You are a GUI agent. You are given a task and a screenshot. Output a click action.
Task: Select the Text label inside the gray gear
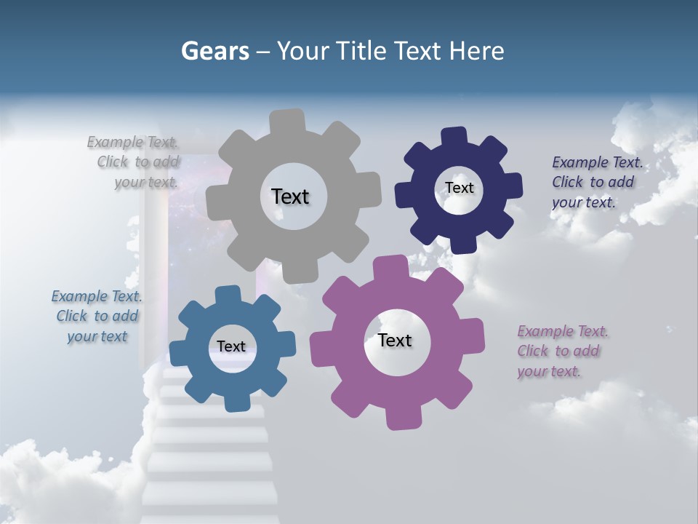(x=290, y=196)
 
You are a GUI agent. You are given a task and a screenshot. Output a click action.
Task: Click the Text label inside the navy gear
(x=460, y=188)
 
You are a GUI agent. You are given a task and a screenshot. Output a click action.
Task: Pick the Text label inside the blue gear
(x=231, y=346)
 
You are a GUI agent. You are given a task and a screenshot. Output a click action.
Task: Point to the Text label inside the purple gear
(x=395, y=340)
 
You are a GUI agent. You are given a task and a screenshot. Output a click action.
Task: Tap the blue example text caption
(x=97, y=316)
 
